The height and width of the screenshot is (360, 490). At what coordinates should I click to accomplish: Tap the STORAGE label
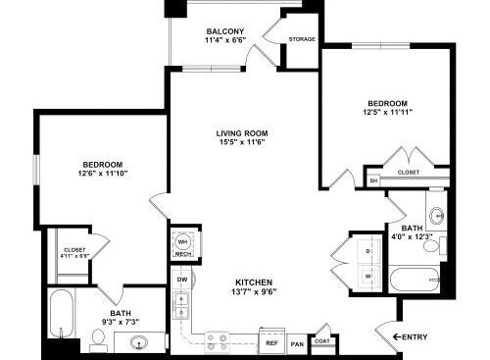pyautogui.click(x=302, y=40)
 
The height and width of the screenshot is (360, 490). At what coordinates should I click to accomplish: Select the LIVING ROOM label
pyautogui.click(x=242, y=132)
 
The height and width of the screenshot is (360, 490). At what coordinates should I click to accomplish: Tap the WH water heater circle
pyautogui.click(x=183, y=240)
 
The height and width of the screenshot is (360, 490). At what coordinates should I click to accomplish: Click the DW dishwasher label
pyautogui.click(x=182, y=280)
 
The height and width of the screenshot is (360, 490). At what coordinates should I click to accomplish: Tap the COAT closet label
pyautogui.click(x=322, y=341)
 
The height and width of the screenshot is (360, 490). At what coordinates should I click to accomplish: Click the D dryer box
pyautogui.click(x=368, y=251)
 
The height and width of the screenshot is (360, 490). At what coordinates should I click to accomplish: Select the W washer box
pyautogui.click(x=368, y=277)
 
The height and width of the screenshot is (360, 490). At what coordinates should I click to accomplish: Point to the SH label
pyautogui.click(x=373, y=181)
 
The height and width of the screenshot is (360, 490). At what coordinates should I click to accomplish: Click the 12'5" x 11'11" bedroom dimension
pyautogui.click(x=387, y=113)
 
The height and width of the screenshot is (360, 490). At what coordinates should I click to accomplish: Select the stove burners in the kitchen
pyautogui.click(x=217, y=340)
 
